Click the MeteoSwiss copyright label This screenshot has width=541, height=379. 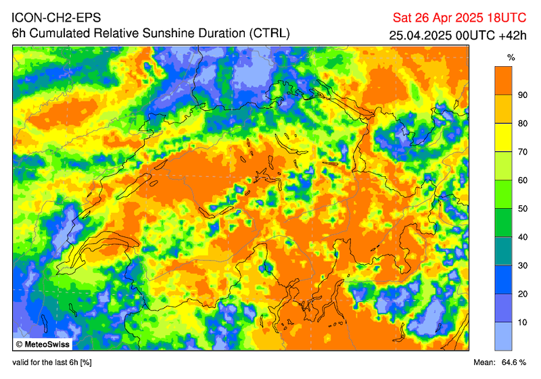(x=45, y=344)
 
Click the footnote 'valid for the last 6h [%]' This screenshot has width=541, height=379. (x=52, y=363)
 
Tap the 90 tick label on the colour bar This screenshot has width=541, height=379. (x=522, y=95)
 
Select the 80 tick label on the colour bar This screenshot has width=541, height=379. (x=522, y=123)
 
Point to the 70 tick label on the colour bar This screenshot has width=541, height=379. (x=522, y=151)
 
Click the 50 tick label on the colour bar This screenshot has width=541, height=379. (x=522, y=208)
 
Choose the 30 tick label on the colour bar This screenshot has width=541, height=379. (x=522, y=265)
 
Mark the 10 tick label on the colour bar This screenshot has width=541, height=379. (x=522, y=322)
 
